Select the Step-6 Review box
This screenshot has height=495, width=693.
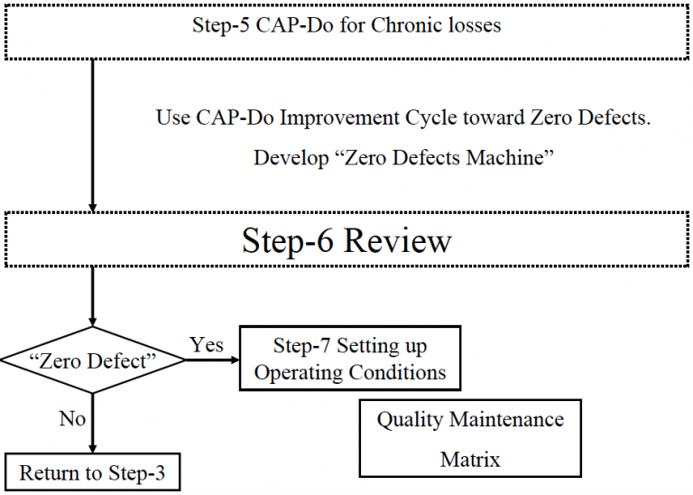346,240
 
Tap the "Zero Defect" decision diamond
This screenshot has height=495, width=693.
92,360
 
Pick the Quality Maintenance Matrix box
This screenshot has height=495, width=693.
469,439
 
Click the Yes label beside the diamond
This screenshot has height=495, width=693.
207,344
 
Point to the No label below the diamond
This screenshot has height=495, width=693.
72,419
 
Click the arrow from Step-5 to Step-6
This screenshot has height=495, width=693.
92,135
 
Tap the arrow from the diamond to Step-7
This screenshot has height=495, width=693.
211,360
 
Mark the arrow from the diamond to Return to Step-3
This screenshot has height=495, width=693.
92,425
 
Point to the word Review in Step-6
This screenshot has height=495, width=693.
398,241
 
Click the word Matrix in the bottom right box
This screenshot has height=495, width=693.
469,459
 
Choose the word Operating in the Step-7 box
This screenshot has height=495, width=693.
296,373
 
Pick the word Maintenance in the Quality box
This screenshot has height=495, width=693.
508,420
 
